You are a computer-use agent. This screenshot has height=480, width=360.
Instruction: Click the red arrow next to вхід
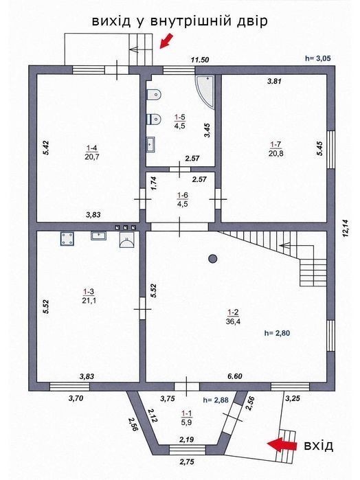pos(282,444)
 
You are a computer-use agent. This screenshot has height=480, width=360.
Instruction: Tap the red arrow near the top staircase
pos(167,41)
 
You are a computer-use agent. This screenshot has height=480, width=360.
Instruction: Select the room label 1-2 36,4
pos(233,317)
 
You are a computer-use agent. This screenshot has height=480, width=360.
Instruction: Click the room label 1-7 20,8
pos(275,149)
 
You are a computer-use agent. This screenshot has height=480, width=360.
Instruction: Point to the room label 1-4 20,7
pos(92,152)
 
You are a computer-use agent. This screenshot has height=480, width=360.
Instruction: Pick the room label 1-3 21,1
pos(89,296)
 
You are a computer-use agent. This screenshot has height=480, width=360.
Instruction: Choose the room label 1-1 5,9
pos(187,418)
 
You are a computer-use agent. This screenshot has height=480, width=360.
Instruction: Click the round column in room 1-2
pos(212,259)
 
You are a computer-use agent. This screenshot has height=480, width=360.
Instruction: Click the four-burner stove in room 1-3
pos(67,239)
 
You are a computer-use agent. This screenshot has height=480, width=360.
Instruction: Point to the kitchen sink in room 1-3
pos(99,236)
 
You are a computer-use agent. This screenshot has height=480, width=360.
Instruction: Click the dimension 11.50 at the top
pos(200,60)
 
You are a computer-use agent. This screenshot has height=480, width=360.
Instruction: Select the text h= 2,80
pos(277,333)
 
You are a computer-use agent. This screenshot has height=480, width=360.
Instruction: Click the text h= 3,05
pos(318,58)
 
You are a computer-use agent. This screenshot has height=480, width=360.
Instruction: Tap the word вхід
pos(318,446)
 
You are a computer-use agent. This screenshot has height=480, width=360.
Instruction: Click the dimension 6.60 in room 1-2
pos(235,376)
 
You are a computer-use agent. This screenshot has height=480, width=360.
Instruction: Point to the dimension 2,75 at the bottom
pos(187,462)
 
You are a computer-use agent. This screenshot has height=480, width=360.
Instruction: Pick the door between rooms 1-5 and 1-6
pos(180,170)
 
